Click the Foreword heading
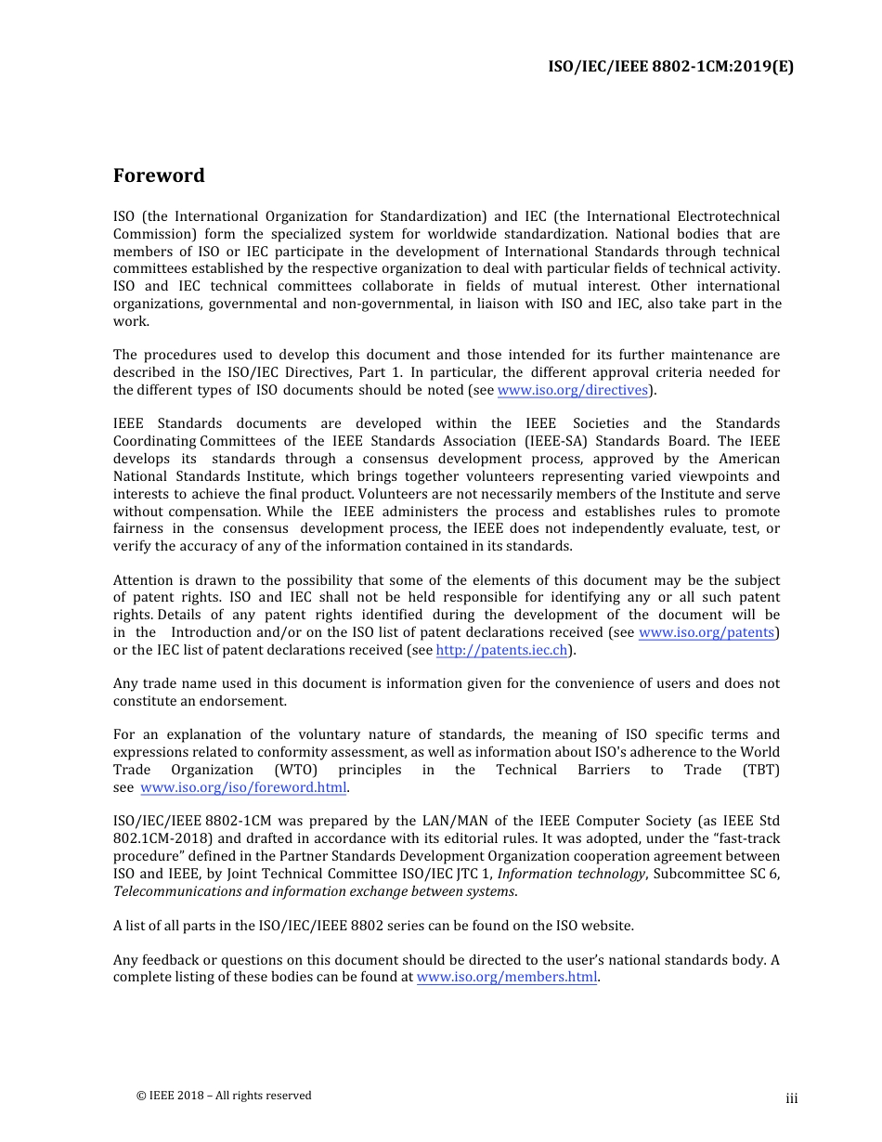159,175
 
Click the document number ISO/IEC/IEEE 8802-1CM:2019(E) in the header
671,66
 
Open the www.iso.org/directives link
572,391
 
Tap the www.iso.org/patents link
707,633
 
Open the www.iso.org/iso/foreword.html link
243,788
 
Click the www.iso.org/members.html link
507,978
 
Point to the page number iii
791,1099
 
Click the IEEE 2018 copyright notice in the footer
224,1096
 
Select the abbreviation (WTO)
296,771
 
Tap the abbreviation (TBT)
760,771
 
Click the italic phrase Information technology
571,875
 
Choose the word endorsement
246,702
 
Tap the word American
749,460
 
